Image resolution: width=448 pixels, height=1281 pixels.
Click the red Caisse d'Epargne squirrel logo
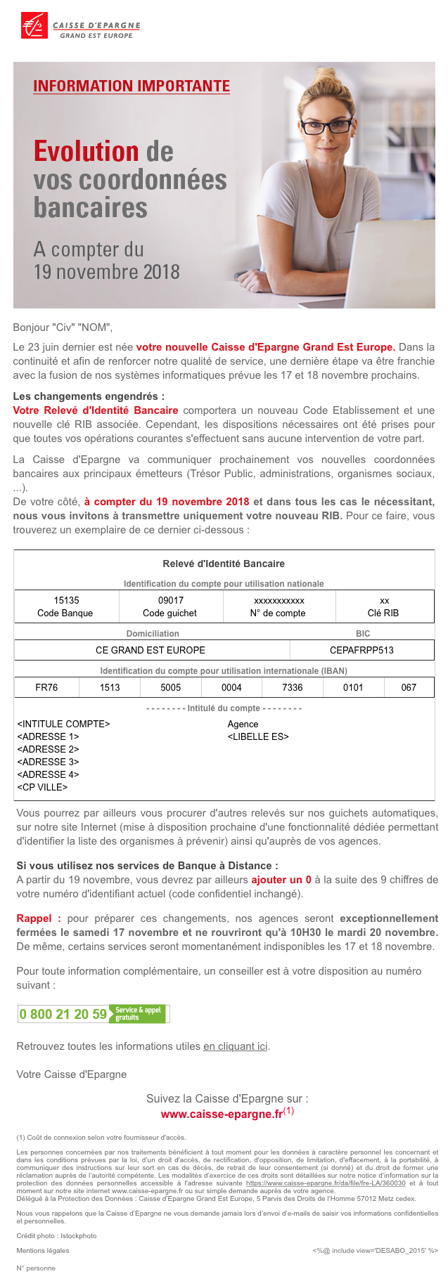click(34, 25)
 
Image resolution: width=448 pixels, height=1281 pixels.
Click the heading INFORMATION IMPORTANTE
click(132, 86)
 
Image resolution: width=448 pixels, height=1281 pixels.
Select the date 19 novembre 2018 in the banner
click(107, 272)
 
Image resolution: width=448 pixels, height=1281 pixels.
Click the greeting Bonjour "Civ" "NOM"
click(63, 327)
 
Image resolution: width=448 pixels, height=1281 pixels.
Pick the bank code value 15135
click(66, 600)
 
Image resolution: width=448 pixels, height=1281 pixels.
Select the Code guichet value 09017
click(170, 600)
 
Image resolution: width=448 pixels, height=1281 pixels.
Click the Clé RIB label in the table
click(383, 613)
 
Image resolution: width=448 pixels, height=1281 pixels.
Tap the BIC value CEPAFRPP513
click(361, 650)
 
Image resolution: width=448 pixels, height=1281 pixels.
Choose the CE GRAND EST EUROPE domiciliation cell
click(151, 650)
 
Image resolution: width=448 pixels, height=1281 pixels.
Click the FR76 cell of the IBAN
click(46, 687)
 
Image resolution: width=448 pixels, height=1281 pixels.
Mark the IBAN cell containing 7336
click(293, 687)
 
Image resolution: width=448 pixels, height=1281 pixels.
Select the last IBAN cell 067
click(409, 687)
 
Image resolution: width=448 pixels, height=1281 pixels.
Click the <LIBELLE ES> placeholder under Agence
click(258, 736)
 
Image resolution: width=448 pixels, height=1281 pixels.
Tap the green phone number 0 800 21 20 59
click(63, 1014)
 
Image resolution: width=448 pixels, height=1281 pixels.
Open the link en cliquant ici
click(236, 1046)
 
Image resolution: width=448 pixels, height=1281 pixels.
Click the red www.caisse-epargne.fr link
click(222, 1114)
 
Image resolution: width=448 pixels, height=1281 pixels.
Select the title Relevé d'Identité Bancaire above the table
click(224, 564)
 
